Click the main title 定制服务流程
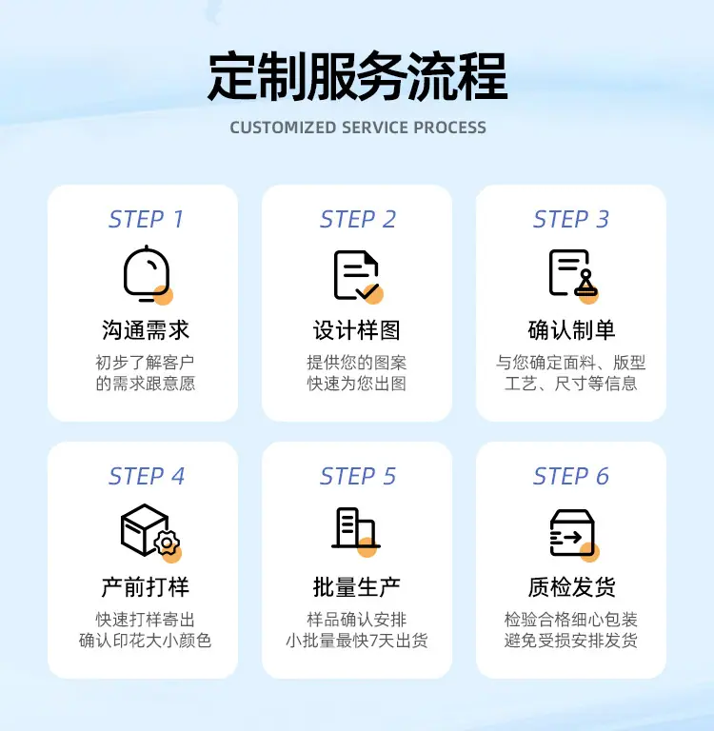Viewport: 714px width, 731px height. click(357, 77)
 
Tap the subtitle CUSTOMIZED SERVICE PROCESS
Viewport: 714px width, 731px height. click(358, 128)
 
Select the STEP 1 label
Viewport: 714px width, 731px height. click(146, 219)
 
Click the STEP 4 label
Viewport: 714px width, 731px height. click(147, 476)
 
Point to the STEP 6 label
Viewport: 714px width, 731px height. click(571, 476)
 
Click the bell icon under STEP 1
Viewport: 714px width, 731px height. click(148, 274)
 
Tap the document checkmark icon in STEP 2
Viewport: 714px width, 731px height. click(358, 276)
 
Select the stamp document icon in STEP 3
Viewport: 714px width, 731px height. click(573, 276)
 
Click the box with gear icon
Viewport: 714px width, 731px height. click(150, 532)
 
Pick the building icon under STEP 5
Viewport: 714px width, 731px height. click(356, 530)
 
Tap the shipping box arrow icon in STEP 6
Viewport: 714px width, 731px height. click(574, 533)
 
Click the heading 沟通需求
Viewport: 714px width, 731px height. click(146, 330)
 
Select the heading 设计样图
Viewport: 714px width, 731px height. click(357, 330)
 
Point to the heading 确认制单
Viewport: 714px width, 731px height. click(571, 330)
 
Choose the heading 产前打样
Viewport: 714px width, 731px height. click(146, 587)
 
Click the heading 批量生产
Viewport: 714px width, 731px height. click(357, 587)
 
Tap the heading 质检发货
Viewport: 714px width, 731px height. click(571, 587)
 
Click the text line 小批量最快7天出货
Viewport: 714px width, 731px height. click(357, 641)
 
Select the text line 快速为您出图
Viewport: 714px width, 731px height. click(357, 384)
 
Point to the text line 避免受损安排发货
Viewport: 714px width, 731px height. click(571, 641)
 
